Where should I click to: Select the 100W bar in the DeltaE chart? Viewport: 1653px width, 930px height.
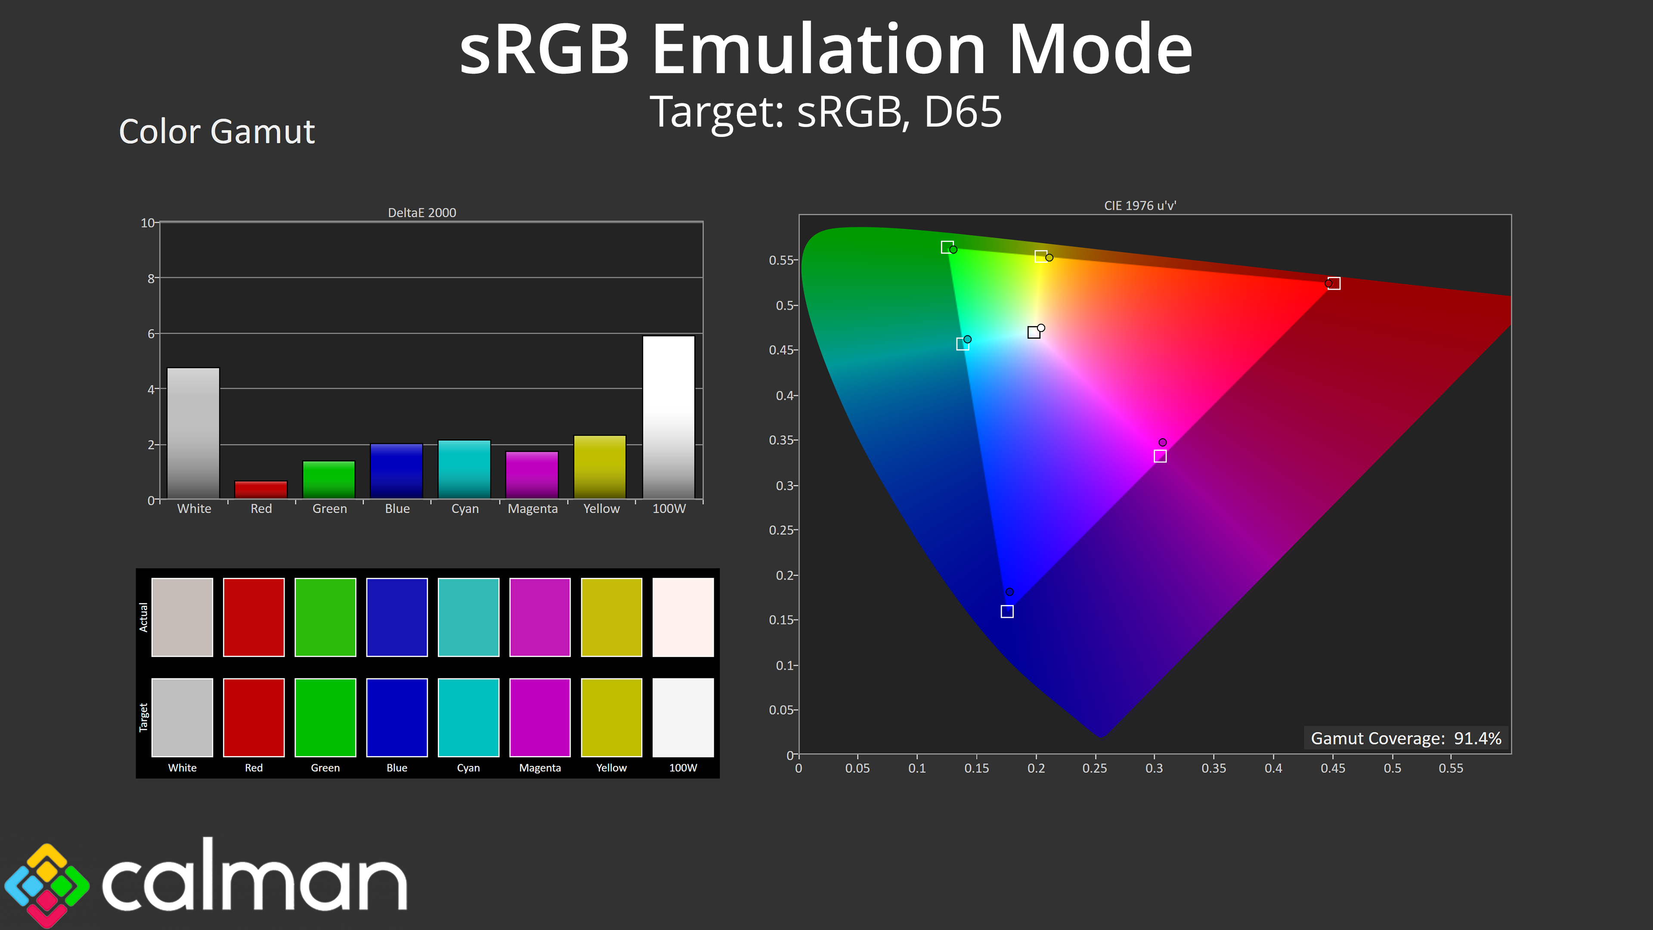click(x=669, y=417)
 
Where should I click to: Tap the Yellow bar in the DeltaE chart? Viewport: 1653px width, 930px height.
click(x=600, y=467)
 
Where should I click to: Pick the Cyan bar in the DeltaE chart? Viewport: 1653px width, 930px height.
click(x=464, y=469)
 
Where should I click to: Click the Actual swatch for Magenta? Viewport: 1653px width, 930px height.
click(x=540, y=617)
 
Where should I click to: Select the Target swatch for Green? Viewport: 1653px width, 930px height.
click(x=325, y=718)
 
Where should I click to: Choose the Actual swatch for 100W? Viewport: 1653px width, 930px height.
click(x=683, y=617)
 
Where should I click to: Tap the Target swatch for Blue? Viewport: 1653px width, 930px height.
click(x=396, y=718)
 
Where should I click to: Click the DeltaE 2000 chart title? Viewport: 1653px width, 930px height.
click(x=421, y=212)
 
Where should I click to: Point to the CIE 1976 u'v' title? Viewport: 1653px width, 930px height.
click(x=1140, y=205)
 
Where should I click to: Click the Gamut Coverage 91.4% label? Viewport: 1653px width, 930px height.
click(x=1406, y=738)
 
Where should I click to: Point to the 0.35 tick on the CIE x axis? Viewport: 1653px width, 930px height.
click(x=1213, y=768)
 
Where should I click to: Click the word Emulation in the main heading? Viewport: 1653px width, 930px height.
click(x=819, y=50)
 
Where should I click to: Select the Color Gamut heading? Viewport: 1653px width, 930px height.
click(x=217, y=132)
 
